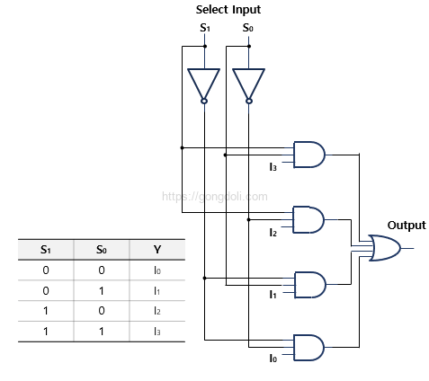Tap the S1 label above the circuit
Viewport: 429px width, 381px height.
click(x=204, y=28)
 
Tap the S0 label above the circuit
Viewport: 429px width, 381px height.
click(x=247, y=28)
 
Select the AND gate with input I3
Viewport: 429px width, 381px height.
click(x=308, y=155)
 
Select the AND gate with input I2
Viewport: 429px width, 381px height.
click(x=308, y=218)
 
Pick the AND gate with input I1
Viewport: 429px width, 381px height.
click(x=308, y=283)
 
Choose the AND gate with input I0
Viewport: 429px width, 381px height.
click(x=308, y=347)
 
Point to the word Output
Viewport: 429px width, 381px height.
click(x=407, y=225)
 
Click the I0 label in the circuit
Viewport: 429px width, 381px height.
click(x=273, y=359)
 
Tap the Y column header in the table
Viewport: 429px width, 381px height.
click(x=158, y=249)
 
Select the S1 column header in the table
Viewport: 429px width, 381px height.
click(x=45, y=249)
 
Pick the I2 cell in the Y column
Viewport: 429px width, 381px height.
click(x=158, y=310)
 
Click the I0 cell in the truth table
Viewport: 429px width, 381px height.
click(x=158, y=270)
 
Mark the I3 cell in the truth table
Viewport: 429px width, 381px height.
click(x=158, y=331)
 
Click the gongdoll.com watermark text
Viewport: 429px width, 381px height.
click(x=214, y=195)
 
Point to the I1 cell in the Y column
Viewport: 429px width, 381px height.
click(x=158, y=290)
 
